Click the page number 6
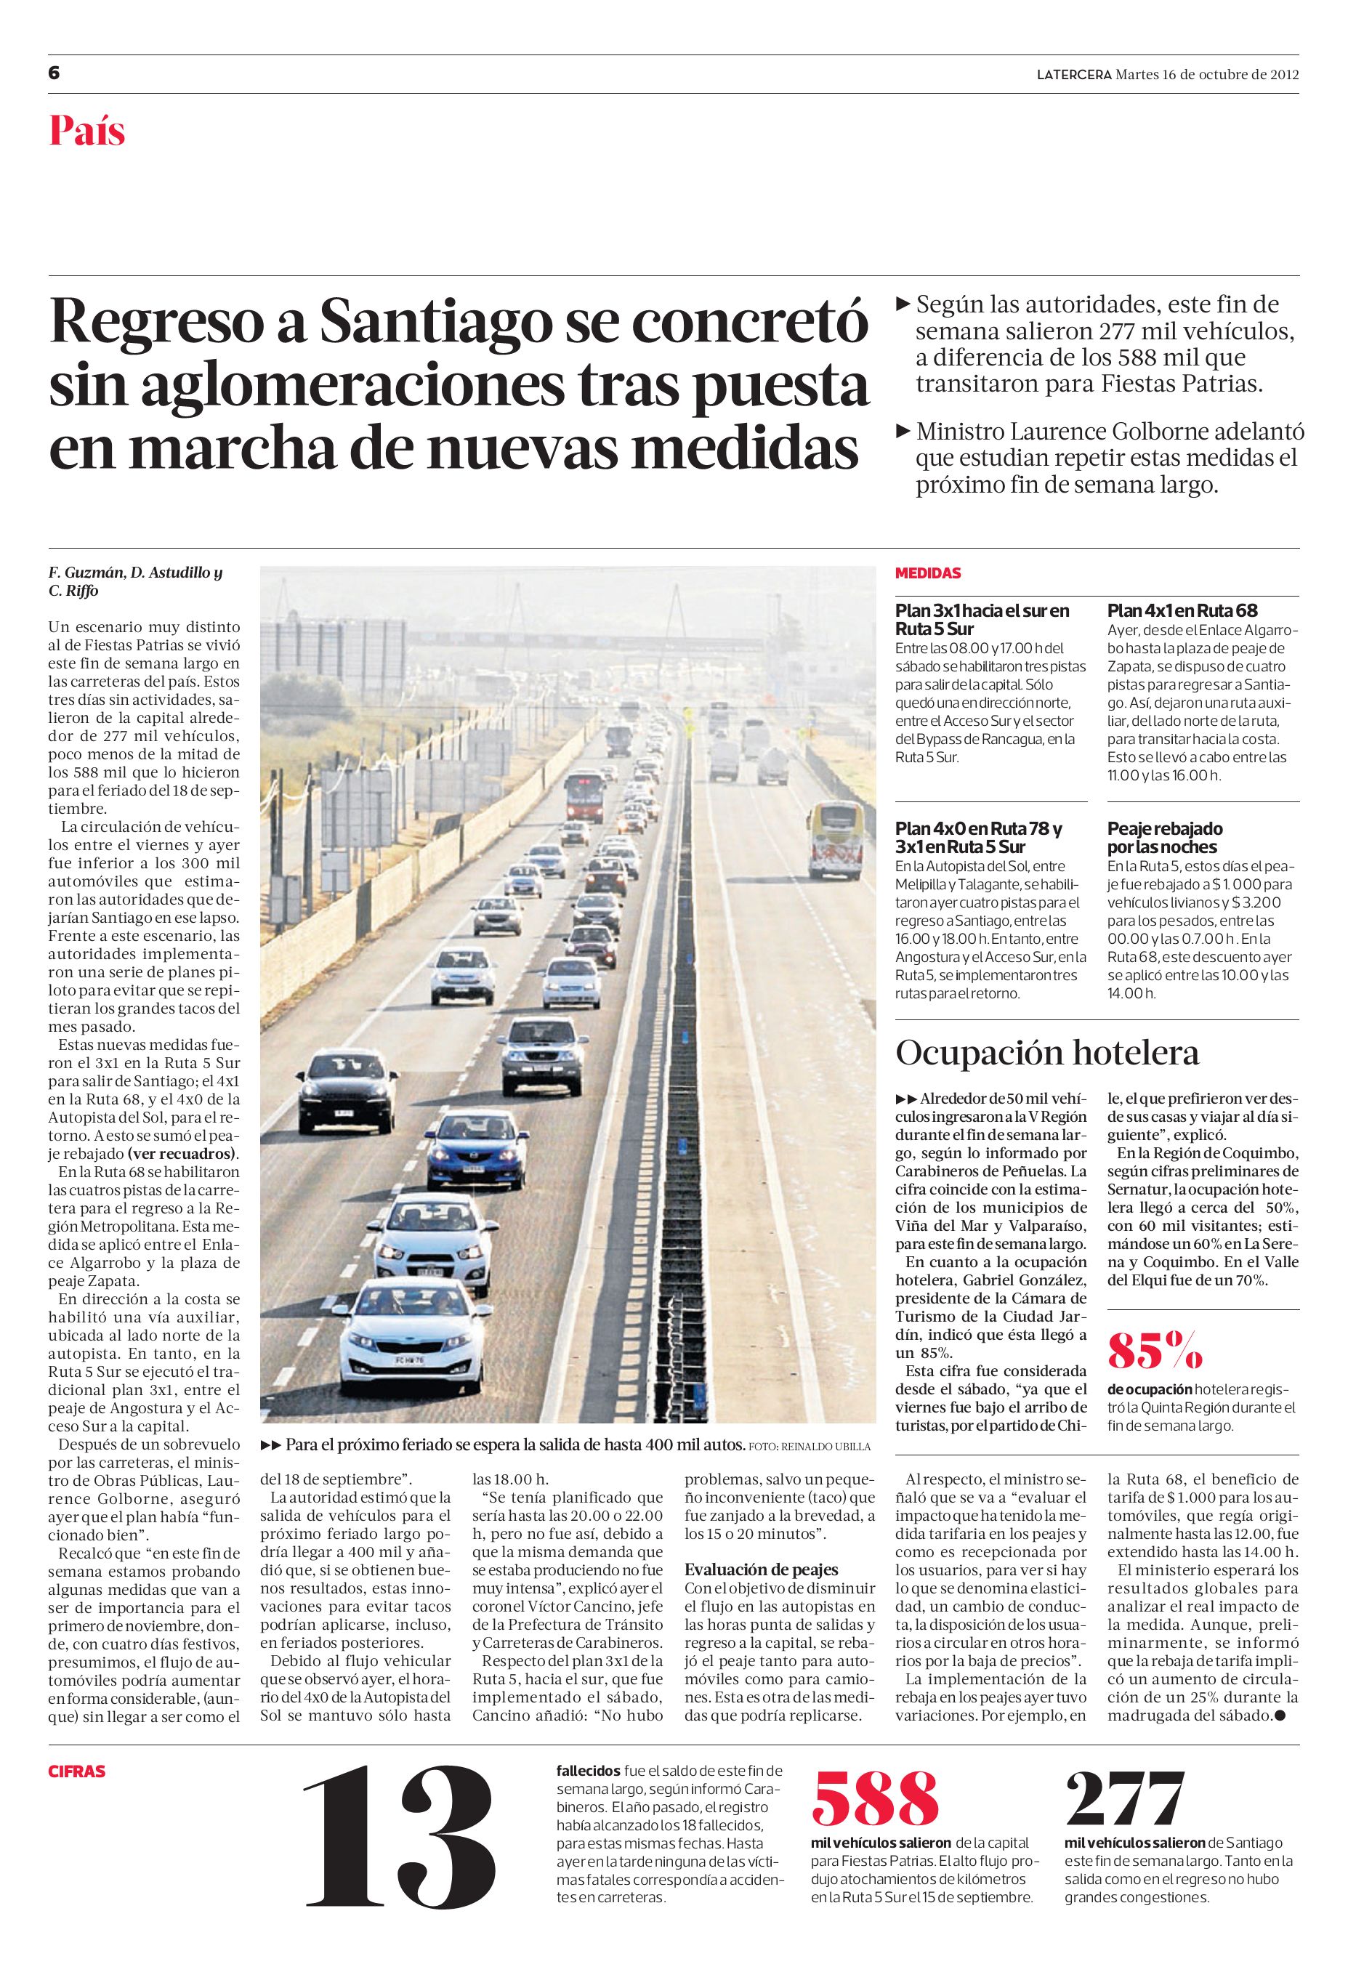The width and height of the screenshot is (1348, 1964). click(54, 73)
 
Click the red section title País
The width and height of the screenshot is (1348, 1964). click(87, 131)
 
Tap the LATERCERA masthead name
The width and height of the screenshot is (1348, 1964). click(1074, 73)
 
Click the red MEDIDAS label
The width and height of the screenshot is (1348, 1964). click(928, 574)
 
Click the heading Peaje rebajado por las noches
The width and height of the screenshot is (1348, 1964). click(1165, 838)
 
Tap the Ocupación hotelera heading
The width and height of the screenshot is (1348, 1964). click(1047, 1054)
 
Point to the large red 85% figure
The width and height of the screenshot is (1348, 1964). click(1155, 1351)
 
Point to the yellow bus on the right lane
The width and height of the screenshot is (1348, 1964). click(836, 838)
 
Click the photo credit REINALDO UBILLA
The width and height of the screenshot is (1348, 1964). click(826, 1446)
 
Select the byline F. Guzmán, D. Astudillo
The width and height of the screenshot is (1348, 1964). click(134, 573)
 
